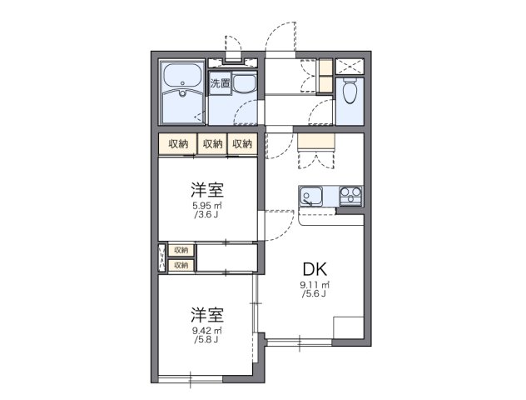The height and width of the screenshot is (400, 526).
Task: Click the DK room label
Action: pos(315,269)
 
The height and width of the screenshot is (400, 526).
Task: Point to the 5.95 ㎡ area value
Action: pos(206,205)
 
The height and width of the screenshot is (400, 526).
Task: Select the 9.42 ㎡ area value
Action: pos(206,330)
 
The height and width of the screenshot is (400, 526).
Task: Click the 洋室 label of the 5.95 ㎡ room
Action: pos(206,189)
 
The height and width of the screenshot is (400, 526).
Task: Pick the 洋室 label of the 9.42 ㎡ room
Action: pos(206,314)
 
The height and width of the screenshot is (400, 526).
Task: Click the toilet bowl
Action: pos(350,92)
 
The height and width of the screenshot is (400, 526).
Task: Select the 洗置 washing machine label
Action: pos(220,83)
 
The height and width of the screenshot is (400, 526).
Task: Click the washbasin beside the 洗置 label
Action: pos(244,83)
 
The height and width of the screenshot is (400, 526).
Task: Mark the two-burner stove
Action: pos(350,197)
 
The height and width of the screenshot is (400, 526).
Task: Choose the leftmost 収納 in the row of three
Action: pos(179,144)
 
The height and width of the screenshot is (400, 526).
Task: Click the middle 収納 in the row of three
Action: pos(212,144)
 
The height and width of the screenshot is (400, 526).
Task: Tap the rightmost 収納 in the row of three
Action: pos(242,144)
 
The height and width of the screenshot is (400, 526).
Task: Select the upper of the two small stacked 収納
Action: pos(181,250)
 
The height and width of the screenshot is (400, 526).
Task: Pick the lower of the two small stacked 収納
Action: pos(181,265)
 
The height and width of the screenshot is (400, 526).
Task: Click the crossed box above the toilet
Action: pos(350,66)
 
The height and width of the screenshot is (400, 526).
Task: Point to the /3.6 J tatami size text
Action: pos(206,214)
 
